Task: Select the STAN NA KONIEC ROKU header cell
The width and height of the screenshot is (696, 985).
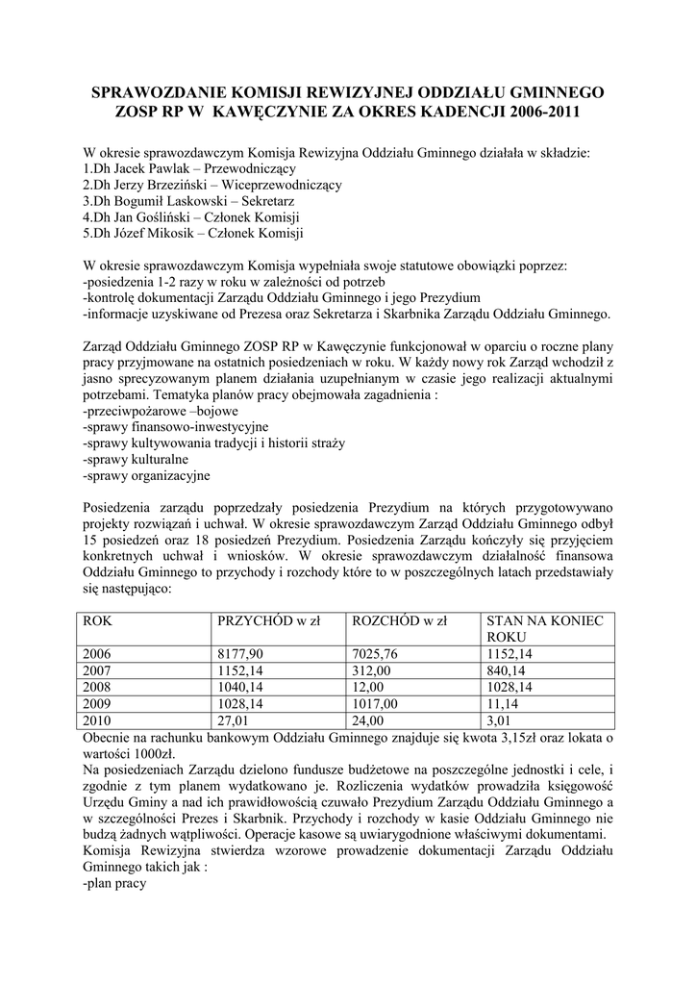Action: click(x=545, y=629)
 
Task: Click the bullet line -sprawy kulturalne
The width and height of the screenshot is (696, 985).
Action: click(x=137, y=459)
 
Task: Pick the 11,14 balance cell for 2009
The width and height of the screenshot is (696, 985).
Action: click(x=503, y=703)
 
